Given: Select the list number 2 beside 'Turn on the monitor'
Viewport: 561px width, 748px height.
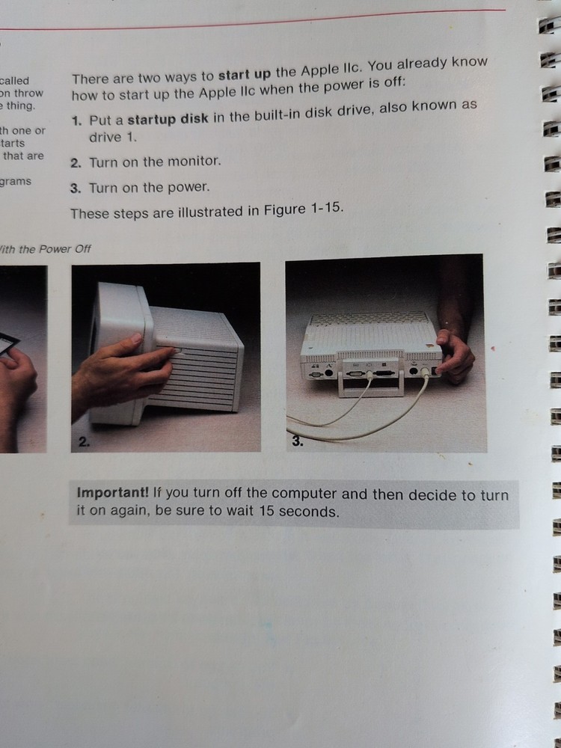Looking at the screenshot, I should pos(76,162).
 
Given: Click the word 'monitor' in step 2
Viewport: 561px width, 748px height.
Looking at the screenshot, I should pos(195,161).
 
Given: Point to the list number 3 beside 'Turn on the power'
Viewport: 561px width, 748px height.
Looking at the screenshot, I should pos(76,188).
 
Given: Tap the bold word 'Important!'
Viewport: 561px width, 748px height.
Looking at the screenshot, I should pos(112,494).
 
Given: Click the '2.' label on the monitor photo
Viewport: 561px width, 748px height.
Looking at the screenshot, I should pos(84,442).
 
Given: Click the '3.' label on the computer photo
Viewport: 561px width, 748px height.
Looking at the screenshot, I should pos(297,441).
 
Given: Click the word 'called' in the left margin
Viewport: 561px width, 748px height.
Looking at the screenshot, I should pos(15,80).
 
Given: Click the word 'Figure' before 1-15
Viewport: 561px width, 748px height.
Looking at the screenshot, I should pos(283,210).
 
